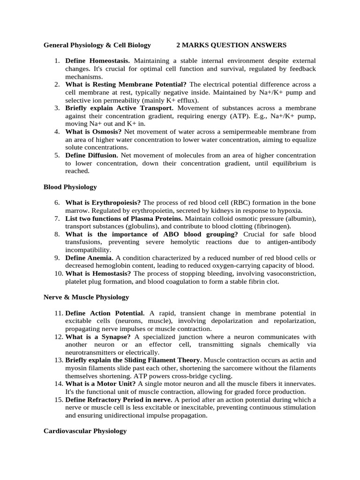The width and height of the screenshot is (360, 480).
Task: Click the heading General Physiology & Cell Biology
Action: coord(97,45)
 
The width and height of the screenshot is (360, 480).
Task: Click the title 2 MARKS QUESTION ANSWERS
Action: coord(231,45)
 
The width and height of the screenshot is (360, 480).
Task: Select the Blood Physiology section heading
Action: coord(70,187)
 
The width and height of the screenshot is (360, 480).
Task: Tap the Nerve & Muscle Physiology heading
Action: coord(86,297)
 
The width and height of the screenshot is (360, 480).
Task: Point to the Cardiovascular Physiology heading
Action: coord(85,431)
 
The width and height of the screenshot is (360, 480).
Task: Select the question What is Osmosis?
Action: coord(93,132)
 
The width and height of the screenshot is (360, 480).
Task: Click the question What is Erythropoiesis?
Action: coord(103,202)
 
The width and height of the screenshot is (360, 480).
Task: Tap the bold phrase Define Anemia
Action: coord(89,258)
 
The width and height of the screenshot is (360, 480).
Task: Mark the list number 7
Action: coord(57,218)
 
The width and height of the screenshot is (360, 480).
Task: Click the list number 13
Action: coord(57,360)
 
